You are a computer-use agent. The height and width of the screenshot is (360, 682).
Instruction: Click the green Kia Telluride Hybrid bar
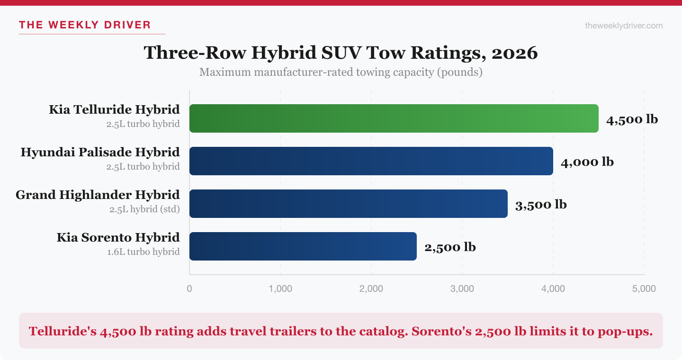[394, 118]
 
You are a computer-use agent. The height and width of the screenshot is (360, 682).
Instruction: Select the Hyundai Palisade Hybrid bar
[371, 161]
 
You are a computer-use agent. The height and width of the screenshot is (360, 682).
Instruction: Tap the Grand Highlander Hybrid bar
[348, 204]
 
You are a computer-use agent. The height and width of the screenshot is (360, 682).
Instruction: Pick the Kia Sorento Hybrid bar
[303, 246]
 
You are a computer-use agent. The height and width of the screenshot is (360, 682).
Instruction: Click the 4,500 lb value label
[632, 119]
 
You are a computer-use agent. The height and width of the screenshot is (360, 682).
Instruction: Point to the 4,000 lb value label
[587, 162]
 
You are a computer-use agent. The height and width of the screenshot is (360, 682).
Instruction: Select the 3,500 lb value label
[541, 205]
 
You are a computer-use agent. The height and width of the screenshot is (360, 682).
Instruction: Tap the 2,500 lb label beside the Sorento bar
[450, 247]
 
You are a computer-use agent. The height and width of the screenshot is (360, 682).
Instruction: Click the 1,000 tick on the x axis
[280, 288]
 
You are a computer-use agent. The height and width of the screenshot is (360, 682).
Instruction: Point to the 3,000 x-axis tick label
[462, 288]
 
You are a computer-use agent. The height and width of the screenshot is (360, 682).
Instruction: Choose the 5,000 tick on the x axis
[644, 288]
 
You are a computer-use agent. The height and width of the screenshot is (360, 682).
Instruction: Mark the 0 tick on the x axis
[189, 288]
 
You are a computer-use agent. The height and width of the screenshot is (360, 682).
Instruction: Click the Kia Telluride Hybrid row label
[114, 110]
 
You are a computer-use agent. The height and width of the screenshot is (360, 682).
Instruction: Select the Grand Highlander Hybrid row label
[98, 195]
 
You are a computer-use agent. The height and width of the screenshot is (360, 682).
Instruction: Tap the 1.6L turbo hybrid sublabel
[143, 252]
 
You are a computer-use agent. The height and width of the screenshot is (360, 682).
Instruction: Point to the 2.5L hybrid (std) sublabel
[144, 209]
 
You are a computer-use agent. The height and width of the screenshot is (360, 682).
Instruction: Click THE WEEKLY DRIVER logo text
[85, 25]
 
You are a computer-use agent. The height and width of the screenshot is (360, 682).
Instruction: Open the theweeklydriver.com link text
[624, 26]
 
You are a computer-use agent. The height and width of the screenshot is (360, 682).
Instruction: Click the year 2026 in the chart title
[514, 53]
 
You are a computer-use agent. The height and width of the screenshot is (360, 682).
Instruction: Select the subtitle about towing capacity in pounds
[341, 72]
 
